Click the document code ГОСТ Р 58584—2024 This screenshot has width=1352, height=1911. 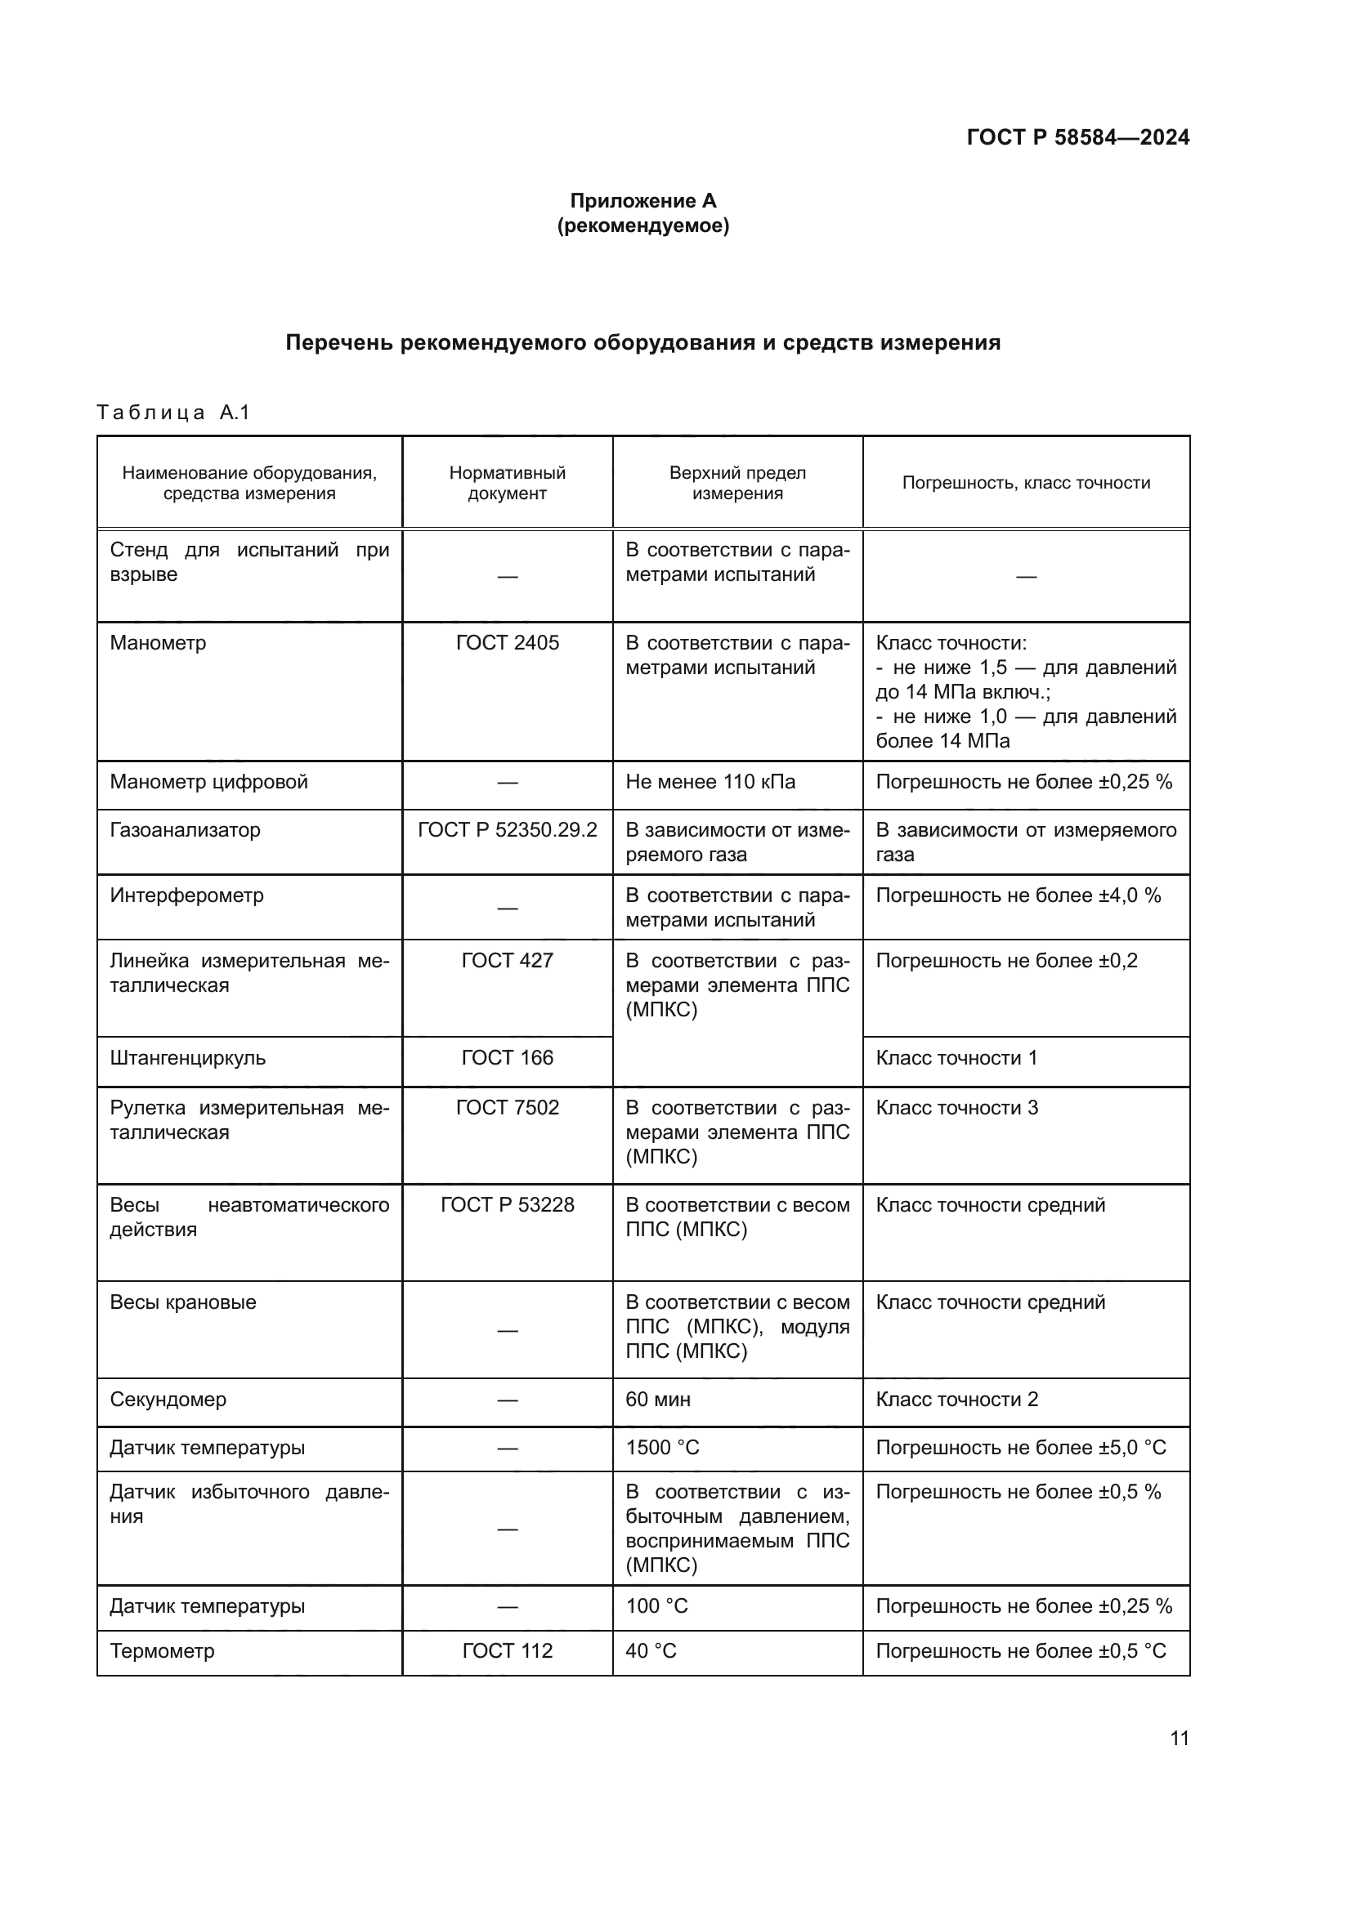pos(1077,137)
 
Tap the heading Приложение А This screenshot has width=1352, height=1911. pos(642,201)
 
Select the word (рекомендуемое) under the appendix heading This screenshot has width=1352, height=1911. pos(642,225)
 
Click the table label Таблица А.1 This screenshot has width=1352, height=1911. pos(173,412)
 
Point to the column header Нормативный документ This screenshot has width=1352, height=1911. pos(507,483)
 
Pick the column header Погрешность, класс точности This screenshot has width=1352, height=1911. pos(1026,483)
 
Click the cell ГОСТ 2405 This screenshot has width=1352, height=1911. pos(507,642)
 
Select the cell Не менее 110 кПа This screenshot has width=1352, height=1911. pos(710,782)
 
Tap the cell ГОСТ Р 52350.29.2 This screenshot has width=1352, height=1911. pos(507,830)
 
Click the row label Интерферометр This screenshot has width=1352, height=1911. pos(186,895)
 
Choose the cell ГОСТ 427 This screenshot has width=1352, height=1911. pos(507,961)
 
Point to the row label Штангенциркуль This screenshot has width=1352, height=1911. pos(187,1058)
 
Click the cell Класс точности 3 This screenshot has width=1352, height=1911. pos(956,1108)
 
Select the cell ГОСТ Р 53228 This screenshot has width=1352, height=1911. pos(507,1205)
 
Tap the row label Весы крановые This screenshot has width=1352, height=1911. pos(183,1302)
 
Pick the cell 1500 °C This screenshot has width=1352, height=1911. pos(662,1448)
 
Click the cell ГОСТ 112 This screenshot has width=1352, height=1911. pos(507,1650)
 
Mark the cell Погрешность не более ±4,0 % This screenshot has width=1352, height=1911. pos(1018,895)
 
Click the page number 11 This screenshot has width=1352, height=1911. pos(1179,1738)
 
